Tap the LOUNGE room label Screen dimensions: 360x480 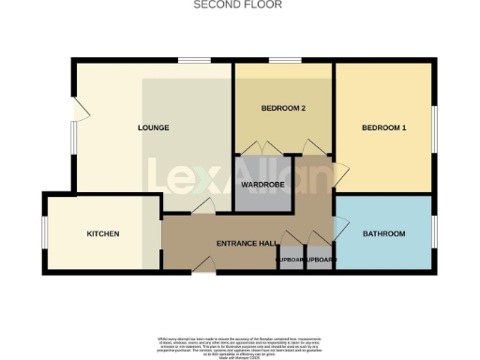153,127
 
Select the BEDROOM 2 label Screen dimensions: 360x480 284,109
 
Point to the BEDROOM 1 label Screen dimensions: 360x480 384,127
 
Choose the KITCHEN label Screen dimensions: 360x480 103,233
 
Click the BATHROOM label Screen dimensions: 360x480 384,233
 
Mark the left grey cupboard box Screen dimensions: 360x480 291,260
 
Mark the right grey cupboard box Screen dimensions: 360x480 320,260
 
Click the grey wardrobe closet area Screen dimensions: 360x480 256,192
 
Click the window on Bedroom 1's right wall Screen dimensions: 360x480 434,127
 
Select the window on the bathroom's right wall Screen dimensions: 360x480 434,233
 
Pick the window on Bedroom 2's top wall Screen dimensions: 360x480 285,62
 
